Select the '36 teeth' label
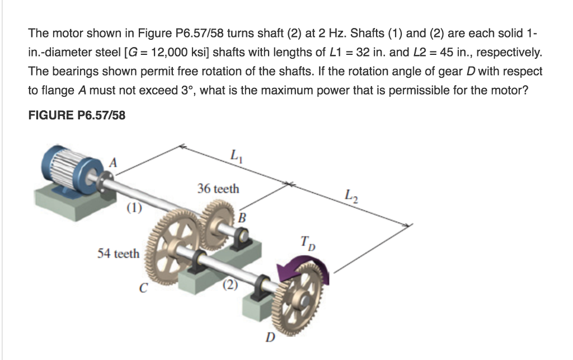(218, 189)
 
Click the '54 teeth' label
(118, 254)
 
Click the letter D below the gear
(270, 338)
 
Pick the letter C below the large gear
(144, 289)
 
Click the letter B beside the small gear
(242, 217)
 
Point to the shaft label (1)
(134, 209)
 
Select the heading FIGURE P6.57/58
(77, 115)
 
